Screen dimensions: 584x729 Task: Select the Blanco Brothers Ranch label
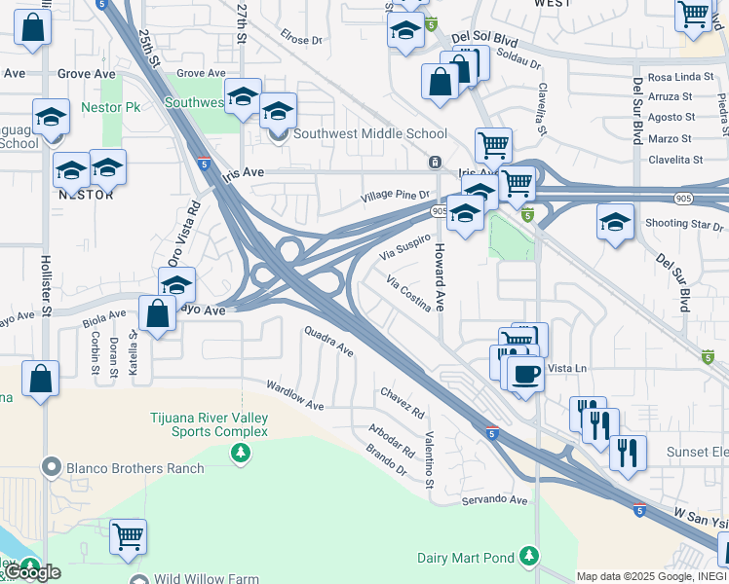[135, 468]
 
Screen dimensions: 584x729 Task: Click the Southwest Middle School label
[370, 134]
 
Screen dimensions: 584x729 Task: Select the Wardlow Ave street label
[294, 397]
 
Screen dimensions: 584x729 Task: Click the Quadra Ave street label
[328, 342]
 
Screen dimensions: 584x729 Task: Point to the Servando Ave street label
[495, 499]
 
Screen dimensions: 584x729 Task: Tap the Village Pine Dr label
[395, 197]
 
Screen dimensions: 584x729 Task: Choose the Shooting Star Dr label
[681, 223]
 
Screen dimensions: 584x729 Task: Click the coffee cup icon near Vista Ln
[526, 375]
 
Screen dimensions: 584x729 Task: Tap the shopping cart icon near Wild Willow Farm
[128, 536]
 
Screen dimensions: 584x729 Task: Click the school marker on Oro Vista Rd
[176, 284]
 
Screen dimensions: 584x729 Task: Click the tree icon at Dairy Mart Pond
[528, 556]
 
